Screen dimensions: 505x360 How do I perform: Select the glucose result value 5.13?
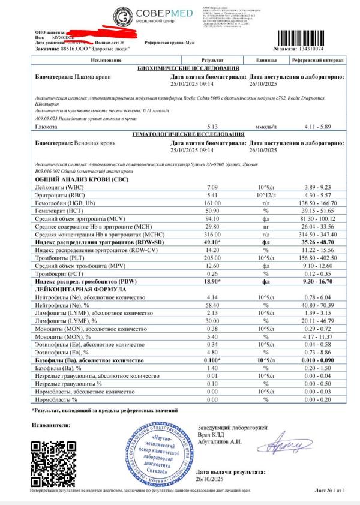211,127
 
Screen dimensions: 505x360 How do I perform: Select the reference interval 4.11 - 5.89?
317,127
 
